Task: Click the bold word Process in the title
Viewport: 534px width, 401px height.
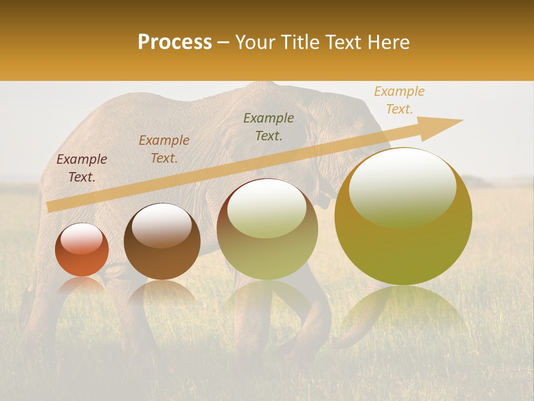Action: [175, 42]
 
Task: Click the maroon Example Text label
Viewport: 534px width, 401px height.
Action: [82, 168]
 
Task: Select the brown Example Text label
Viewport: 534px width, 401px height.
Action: [164, 149]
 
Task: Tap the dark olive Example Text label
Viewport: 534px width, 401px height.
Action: [269, 126]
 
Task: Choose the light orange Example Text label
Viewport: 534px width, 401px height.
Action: [399, 100]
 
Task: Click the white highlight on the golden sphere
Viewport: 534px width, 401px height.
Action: [402, 187]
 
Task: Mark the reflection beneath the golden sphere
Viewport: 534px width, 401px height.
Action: [403, 306]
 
